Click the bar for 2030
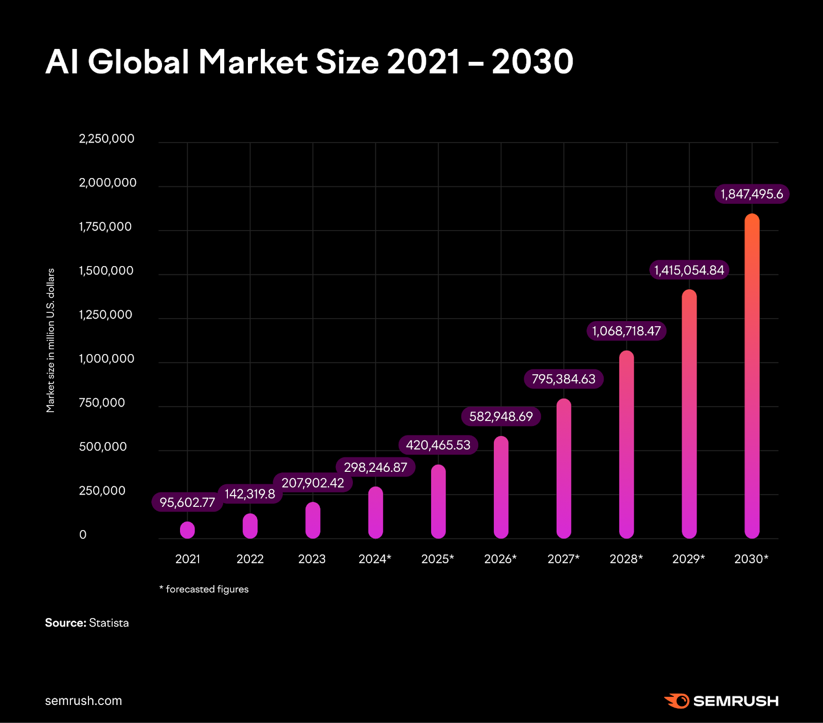pos(752,376)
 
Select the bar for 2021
pos(188,530)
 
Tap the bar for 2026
pos(501,487)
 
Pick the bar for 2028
pos(627,445)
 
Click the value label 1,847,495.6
pos(752,194)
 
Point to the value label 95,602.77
pos(187,502)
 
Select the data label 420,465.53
pos(438,445)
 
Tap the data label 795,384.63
pos(564,379)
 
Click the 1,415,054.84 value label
pos(689,270)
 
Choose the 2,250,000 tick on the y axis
pos(106,139)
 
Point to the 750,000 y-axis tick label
pos(102,403)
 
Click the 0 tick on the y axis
pos(83,535)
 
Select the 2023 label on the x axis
pos(312,559)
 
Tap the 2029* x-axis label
pos(689,559)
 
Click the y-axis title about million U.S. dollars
pos(50,340)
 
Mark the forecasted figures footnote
pos(204,589)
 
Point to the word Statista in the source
pos(109,623)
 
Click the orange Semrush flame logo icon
pos(677,701)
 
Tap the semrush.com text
pos(84,701)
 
